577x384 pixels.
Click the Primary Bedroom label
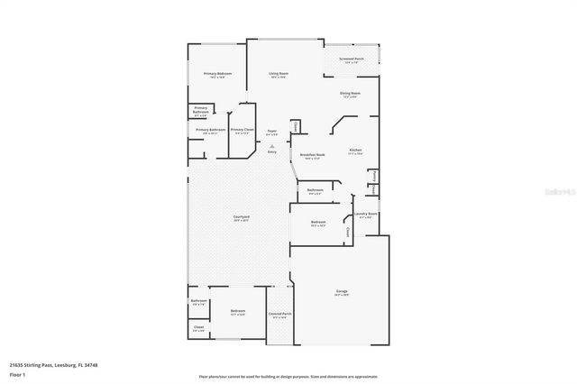coord(218,73)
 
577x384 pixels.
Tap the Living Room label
coord(279,73)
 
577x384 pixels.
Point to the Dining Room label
coord(350,93)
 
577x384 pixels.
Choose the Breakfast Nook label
coord(313,154)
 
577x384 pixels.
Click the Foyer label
coord(271,131)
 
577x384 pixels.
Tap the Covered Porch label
coord(279,314)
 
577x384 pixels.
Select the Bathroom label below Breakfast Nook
coord(315,189)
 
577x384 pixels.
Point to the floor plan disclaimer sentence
coord(288,376)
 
